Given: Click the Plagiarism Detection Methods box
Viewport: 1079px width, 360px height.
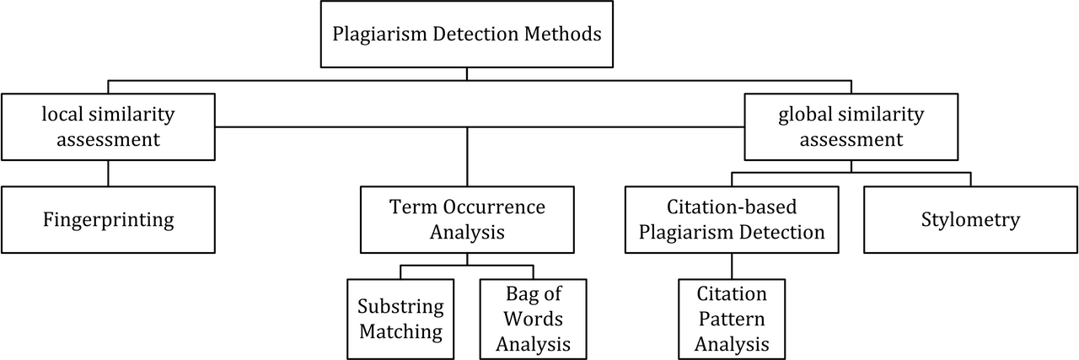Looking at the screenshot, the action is tap(467, 34).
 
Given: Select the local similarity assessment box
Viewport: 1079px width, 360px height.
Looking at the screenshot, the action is tap(109, 126).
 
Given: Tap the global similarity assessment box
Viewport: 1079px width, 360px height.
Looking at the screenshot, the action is tap(851, 126).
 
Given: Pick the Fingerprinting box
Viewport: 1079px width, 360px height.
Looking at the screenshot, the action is tap(109, 220).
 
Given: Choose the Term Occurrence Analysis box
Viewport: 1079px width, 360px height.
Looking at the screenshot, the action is tap(467, 220).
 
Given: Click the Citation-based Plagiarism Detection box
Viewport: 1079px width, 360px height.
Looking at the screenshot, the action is tap(732, 220).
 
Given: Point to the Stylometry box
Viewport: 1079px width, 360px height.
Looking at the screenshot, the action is tap(970, 220).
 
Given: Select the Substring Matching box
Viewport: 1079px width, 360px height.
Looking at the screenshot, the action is tap(400, 319).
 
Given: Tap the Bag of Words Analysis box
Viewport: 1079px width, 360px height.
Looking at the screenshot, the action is tap(534, 319).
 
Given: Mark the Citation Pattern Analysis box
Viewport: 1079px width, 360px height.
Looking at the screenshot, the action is tap(732, 319).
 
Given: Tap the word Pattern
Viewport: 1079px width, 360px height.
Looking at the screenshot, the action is tap(732, 319).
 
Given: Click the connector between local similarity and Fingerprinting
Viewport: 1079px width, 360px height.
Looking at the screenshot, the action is tap(109, 174).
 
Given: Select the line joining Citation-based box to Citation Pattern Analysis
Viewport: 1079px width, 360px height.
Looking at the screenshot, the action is tap(732, 266).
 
